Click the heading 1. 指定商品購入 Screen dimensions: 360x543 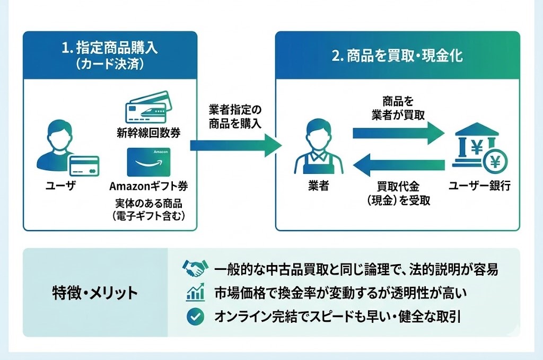110,48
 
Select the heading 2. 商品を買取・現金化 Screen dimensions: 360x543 397,56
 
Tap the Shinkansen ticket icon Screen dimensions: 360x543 148,109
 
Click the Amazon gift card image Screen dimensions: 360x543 148,162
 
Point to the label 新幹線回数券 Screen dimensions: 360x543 148,133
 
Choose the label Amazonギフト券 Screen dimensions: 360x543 148,187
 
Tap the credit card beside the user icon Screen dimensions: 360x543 84,165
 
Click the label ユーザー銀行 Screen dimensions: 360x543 479,186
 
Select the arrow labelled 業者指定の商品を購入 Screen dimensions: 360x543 235,144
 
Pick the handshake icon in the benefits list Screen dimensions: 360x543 195,269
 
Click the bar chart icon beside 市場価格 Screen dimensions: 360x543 195,293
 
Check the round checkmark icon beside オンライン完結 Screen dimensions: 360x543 195,317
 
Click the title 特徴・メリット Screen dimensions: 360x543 95,293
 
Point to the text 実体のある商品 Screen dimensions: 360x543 148,204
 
